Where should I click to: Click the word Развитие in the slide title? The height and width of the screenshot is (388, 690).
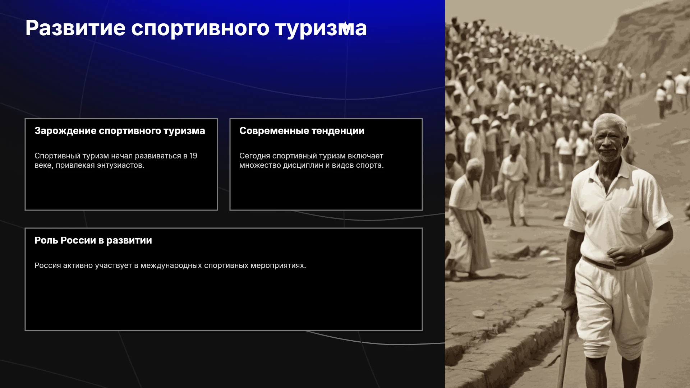click(75, 28)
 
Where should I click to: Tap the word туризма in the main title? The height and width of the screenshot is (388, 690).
click(321, 29)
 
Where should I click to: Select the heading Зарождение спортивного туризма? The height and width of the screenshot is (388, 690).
click(120, 131)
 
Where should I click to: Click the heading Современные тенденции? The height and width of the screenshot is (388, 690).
click(302, 131)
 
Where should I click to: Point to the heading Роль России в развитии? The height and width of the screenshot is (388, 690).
click(93, 241)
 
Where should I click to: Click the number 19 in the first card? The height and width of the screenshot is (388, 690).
click(193, 156)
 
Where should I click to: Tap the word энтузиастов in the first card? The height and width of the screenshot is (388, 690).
click(121, 166)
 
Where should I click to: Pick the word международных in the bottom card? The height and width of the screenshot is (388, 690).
click(171, 266)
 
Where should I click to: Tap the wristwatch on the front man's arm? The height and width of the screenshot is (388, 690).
click(642, 250)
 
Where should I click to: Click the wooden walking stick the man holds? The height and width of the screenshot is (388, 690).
click(564, 348)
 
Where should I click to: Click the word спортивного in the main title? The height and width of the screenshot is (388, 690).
click(200, 29)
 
